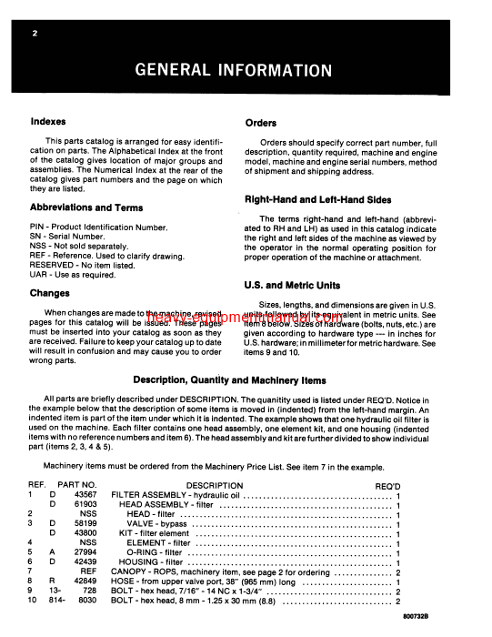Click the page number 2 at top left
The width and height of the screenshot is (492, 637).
coord(35,34)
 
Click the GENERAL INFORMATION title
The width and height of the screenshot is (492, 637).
coord(246,69)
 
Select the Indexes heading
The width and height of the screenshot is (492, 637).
coord(49,121)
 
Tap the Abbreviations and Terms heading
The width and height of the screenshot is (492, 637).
coord(86,207)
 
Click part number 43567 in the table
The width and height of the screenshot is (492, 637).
coord(85,496)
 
